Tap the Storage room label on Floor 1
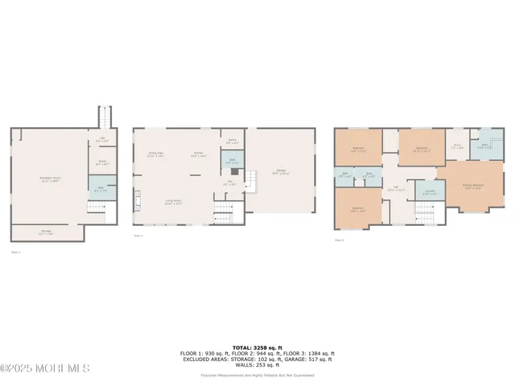coord(47,233)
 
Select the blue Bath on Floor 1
coord(102,190)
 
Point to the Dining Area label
coord(155,154)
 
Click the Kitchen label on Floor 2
coord(197,154)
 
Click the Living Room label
coord(172,203)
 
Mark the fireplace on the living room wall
coord(137,199)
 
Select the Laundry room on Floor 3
coord(430,192)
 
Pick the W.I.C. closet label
coord(456,146)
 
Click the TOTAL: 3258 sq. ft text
coord(257,347)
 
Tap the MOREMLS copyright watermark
coord(45,368)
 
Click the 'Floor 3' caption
coord(339,240)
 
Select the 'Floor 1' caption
coord(15,252)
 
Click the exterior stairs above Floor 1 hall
coord(102,117)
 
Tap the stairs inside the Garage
coord(252,182)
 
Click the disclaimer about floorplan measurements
coord(257,375)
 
